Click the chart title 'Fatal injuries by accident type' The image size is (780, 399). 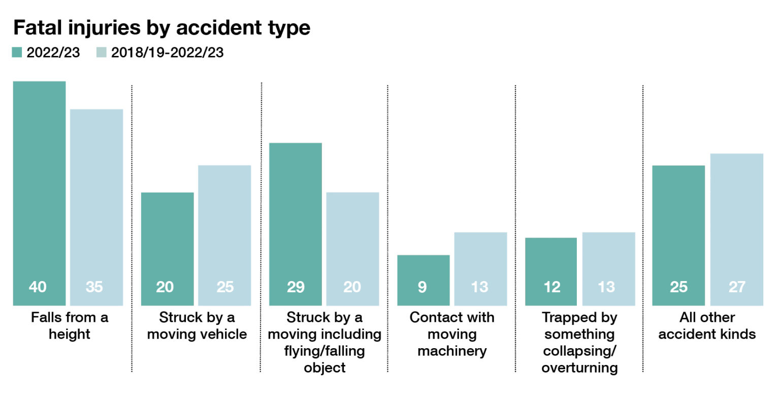(x=161, y=27)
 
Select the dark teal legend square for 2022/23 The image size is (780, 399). (x=17, y=52)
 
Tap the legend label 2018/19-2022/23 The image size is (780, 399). (x=167, y=52)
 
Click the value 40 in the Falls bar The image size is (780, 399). (x=38, y=287)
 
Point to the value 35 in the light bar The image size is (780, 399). (x=94, y=287)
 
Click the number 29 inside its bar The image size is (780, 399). (x=295, y=287)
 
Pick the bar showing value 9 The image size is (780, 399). (x=423, y=280)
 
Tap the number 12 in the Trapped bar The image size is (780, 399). (x=551, y=287)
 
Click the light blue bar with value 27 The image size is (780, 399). (x=736, y=229)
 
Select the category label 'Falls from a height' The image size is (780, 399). (x=70, y=326)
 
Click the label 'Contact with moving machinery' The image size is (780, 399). (x=452, y=334)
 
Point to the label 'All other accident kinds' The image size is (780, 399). (x=707, y=326)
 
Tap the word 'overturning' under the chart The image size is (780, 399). (x=579, y=367)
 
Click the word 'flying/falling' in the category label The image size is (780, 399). (x=324, y=351)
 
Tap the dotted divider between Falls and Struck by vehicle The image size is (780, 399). (x=132, y=229)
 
